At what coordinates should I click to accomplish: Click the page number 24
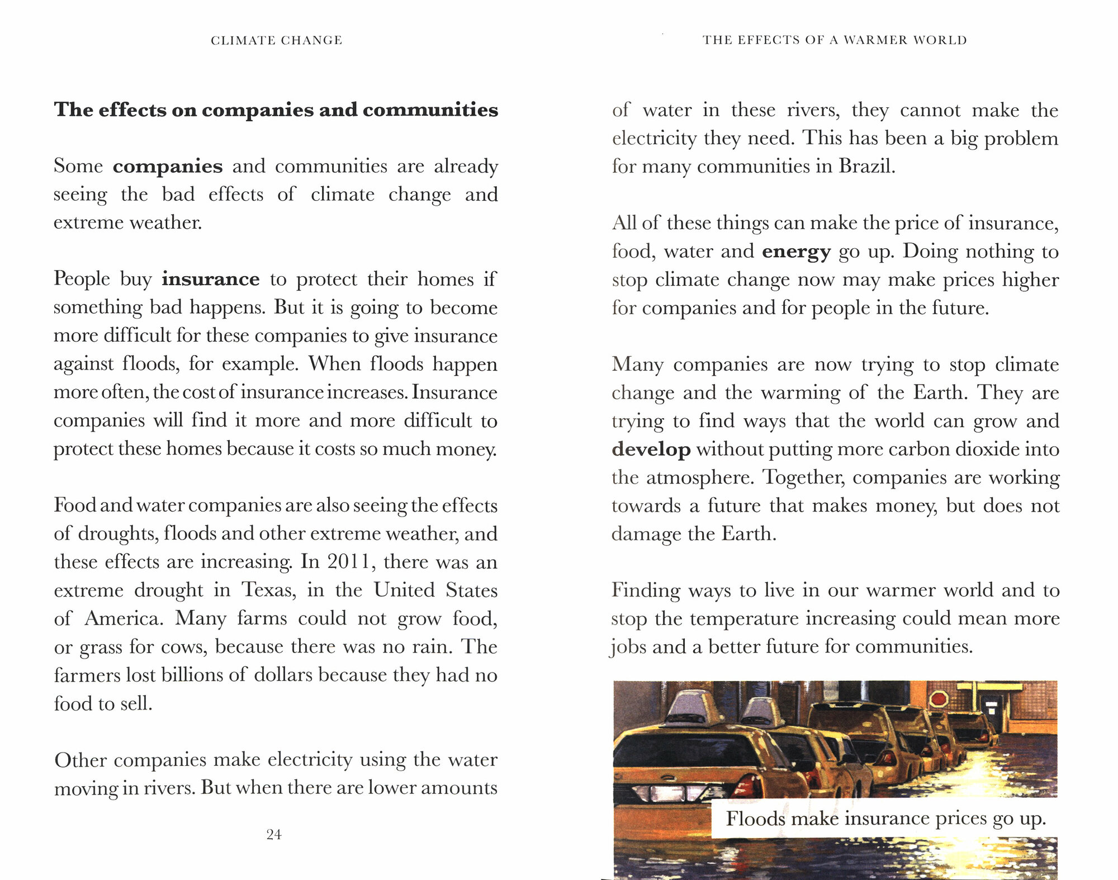[x=274, y=834]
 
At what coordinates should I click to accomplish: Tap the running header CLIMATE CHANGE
[x=276, y=40]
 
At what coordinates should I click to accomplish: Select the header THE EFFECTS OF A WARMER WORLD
[x=835, y=40]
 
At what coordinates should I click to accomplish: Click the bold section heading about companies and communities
[x=276, y=110]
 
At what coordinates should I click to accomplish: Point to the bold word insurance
[x=211, y=278]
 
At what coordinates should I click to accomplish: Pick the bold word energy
[x=796, y=251]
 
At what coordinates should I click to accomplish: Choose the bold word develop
[x=651, y=449]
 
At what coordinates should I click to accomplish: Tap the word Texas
[x=268, y=590]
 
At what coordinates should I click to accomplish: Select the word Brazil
[x=866, y=166]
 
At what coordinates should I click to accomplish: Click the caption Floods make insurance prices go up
[x=885, y=819]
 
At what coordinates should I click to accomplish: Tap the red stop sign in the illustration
[x=939, y=699]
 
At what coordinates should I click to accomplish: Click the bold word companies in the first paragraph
[x=168, y=166]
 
